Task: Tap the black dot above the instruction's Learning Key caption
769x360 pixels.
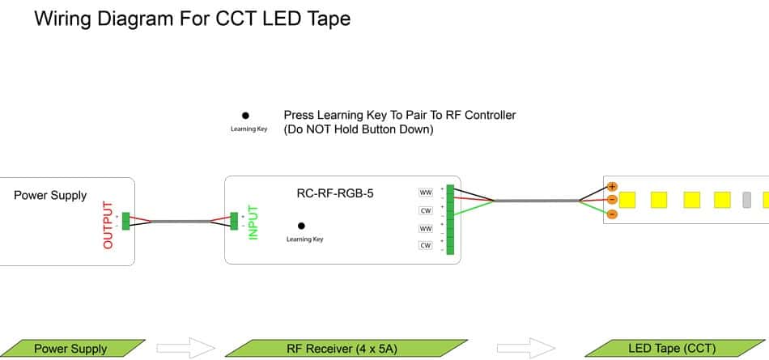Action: [245, 116]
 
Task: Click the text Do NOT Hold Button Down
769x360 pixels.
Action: [359, 129]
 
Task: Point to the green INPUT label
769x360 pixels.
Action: [253, 222]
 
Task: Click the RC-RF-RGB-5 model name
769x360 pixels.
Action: [335, 193]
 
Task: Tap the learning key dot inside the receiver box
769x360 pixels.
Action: [301, 226]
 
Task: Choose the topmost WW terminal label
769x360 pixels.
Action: [425, 193]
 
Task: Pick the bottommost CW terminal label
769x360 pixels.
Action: [425, 245]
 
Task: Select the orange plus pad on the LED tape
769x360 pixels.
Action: [612, 186]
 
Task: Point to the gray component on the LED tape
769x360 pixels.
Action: [747, 199]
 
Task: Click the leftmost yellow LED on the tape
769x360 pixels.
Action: [627, 199]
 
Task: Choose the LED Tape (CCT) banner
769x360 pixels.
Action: [671, 349]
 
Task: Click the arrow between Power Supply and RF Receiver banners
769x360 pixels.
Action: [185, 349]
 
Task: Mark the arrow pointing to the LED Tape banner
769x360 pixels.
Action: [526, 349]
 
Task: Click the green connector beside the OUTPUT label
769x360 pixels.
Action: [125, 221]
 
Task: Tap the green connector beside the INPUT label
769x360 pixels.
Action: [235, 221]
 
